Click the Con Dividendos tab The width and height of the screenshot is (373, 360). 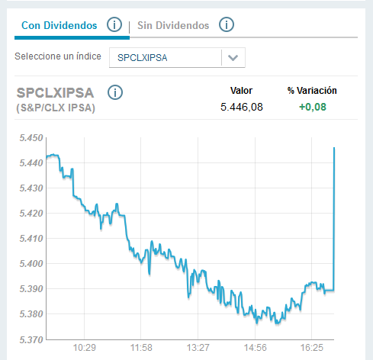pos(59,26)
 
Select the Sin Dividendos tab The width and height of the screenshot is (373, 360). pos(173,26)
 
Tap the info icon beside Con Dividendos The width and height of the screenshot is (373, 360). pos(114,25)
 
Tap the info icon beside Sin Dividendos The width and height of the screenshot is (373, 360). pos(226,25)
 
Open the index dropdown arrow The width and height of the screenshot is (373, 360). pos(233,58)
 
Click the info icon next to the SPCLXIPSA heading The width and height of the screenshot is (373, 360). pos(115,93)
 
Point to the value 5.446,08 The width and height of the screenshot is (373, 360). pos(241,108)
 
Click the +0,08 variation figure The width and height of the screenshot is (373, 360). pos(311,108)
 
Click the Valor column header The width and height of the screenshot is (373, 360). pos(241,91)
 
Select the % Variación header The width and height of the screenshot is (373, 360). pos(312,91)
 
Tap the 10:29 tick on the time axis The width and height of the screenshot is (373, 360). pos(84,348)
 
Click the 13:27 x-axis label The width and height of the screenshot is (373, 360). pos(198,348)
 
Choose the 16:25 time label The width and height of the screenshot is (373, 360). pos(312,348)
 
